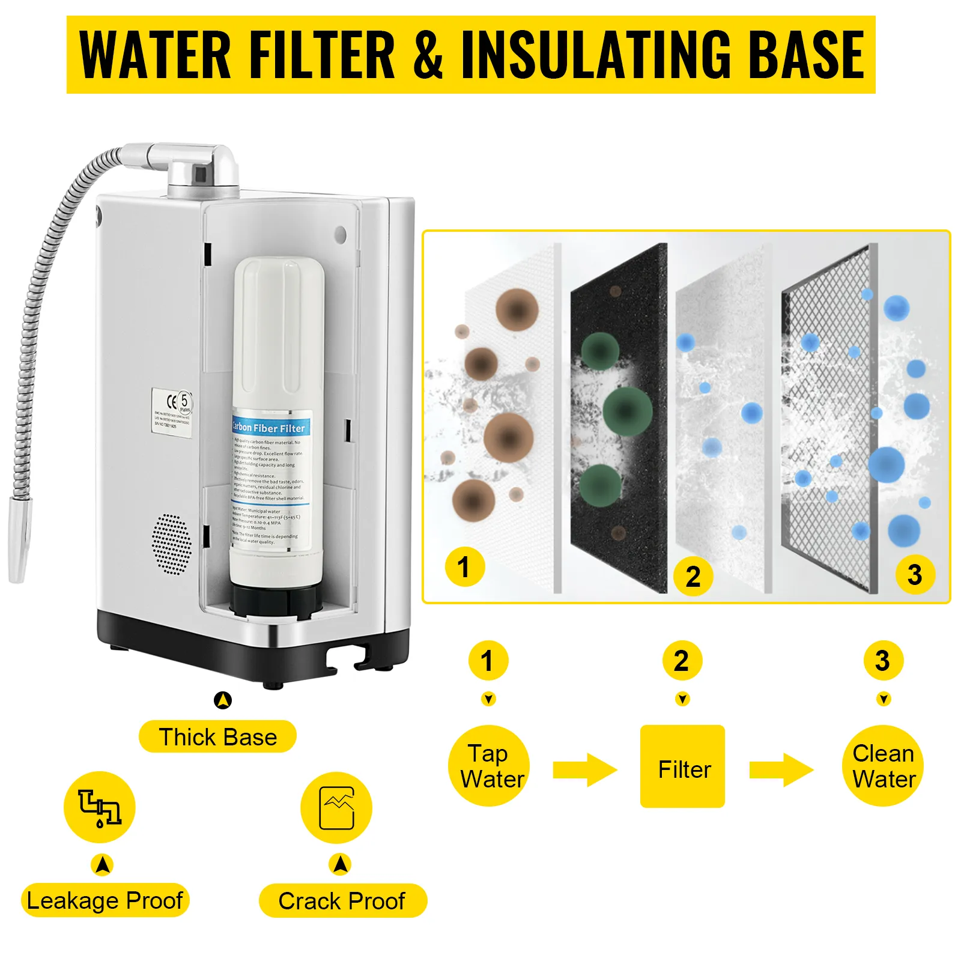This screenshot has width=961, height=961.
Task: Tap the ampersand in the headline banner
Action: (x=428, y=55)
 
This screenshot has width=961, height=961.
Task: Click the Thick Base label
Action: (x=217, y=737)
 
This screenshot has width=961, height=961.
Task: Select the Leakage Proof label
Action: (x=105, y=900)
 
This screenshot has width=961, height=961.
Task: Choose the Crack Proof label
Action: (x=342, y=901)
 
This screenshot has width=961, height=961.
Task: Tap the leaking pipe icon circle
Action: (x=100, y=807)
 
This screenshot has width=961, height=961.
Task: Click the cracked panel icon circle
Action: (x=336, y=808)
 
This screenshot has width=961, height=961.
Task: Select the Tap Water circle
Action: (x=489, y=766)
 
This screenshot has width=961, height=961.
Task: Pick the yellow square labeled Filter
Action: (x=682, y=766)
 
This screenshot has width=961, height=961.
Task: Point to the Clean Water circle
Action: (x=883, y=766)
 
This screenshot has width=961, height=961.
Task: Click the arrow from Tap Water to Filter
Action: (x=584, y=769)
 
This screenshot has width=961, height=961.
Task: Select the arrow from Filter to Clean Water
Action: (x=781, y=769)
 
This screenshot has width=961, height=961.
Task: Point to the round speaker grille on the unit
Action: (x=172, y=544)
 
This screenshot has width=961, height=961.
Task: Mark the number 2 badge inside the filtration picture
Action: (x=693, y=577)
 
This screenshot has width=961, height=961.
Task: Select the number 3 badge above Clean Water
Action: (x=883, y=661)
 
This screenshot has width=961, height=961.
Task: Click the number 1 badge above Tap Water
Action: (x=488, y=661)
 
